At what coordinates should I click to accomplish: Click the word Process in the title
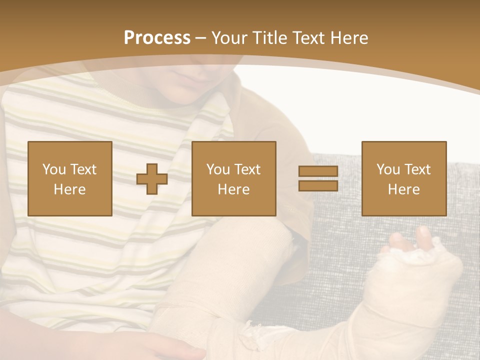click(x=157, y=38)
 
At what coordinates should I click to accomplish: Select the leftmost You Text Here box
click(x=70, y=178)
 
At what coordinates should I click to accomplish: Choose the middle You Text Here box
click(x=234, y=178)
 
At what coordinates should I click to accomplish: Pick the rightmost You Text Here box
click(x=404, y=178)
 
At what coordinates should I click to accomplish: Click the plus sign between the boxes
click(x=152, y=179)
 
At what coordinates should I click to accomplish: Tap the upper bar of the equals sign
click(x=318, y=171)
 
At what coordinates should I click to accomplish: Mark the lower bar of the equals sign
click(x=318, y=186)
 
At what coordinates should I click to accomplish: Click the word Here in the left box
click(x=70, y=189)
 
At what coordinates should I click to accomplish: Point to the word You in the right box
click(x=388, y=169)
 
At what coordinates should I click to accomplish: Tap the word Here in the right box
click(x=404, y=189)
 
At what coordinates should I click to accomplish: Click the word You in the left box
click(x=54, y=169)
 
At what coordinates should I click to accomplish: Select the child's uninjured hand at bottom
click(x=170, y=347)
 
